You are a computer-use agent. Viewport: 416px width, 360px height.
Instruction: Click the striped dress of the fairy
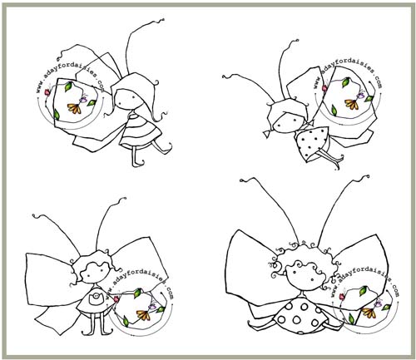pyautogui.click(x=141, y=131)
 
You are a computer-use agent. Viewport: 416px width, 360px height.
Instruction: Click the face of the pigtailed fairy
pyautogui.click(x=289, y=121)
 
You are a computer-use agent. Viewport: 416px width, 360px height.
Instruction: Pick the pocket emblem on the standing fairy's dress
pyautogui.click(x=96, y=297)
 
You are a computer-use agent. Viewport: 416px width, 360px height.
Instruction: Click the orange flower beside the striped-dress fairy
pyautogui.click(x=74, y=108)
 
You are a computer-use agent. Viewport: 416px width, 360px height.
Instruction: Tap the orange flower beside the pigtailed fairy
pyautogui.click(x=352, y=104)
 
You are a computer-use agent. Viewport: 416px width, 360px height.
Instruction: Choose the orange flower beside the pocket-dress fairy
pyautogui.click(x=143, y=315)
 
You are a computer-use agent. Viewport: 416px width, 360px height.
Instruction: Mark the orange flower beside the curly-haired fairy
pyautogui.click(x=369, y=313)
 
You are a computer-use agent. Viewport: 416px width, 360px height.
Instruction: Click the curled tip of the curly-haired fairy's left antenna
pyautogui.click(x=243, y=180)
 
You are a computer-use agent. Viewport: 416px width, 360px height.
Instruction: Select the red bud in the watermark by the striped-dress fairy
pyautogui.click(x=47, y=91)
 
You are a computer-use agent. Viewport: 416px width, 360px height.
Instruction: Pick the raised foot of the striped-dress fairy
pyautogui.click(x=167, y=149)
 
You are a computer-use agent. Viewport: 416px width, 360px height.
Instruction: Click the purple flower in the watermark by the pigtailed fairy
pyautogui.click(x=360, y=95)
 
